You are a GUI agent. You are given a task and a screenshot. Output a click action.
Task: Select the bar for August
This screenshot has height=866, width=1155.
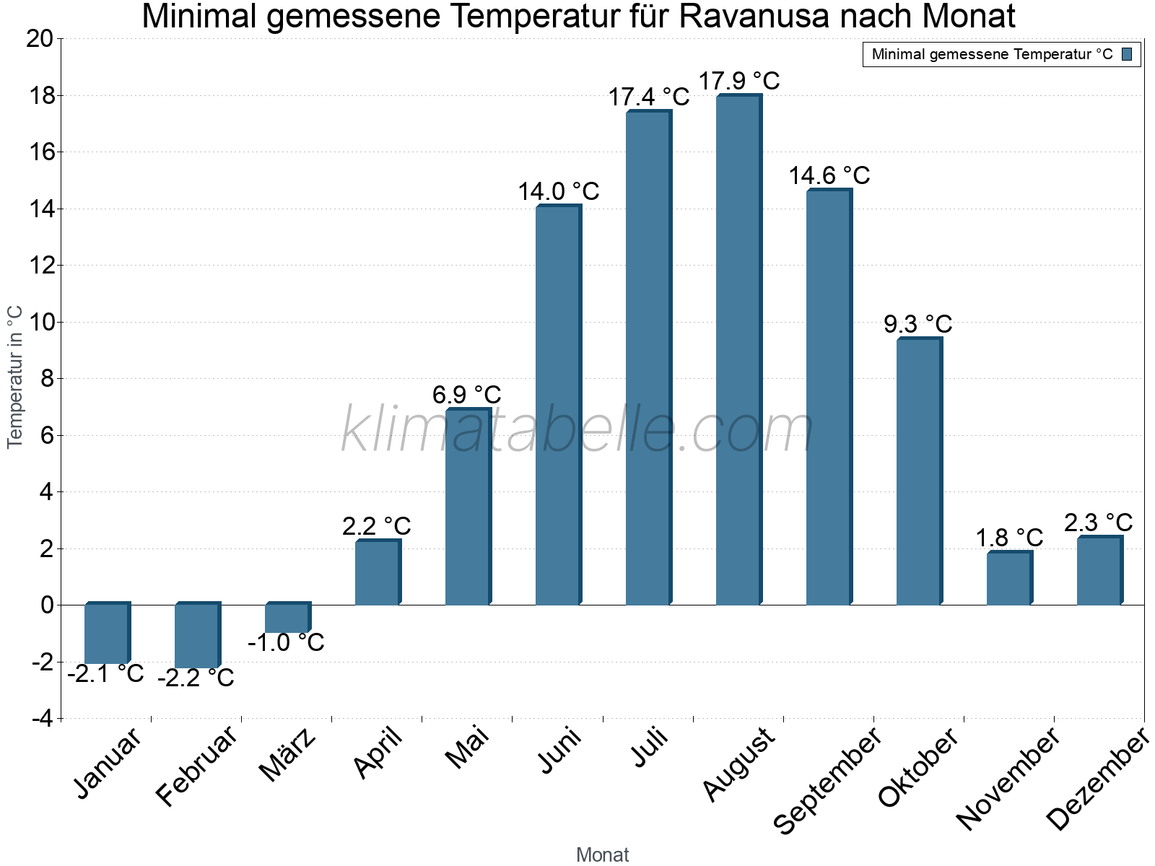(738, 350)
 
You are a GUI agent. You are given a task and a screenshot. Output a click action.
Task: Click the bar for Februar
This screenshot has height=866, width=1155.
(196, 636)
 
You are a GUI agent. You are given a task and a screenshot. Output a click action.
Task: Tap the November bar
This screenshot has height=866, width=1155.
(1008, 579)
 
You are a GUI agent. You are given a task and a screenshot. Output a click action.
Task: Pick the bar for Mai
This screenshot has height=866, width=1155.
(467, 507)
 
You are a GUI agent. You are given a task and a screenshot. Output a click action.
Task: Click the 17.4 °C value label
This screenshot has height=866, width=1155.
(648, 97)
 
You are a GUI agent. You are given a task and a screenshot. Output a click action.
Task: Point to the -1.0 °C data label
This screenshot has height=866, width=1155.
(286, 642)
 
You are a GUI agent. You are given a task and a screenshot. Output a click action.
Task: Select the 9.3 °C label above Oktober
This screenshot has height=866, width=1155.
(918, 324)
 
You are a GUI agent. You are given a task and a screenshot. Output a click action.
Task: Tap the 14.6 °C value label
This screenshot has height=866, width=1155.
(829, 175)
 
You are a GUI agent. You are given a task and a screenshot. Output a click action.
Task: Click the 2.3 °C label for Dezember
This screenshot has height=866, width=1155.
(1098, 522)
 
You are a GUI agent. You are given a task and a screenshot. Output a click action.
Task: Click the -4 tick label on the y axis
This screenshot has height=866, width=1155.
(42, 719)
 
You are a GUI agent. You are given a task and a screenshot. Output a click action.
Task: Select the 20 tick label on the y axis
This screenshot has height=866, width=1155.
(40, 39)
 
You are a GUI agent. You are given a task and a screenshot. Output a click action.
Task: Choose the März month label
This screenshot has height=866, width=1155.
(287, 755)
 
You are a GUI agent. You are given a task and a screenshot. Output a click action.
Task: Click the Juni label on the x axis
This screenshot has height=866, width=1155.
(559, 750)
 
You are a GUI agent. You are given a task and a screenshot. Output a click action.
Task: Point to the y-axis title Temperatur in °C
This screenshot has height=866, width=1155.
(15, 377)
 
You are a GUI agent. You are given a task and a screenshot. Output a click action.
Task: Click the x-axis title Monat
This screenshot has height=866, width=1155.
(602, 854)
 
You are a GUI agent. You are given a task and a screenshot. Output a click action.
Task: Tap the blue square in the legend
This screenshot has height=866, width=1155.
(1127, 54)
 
